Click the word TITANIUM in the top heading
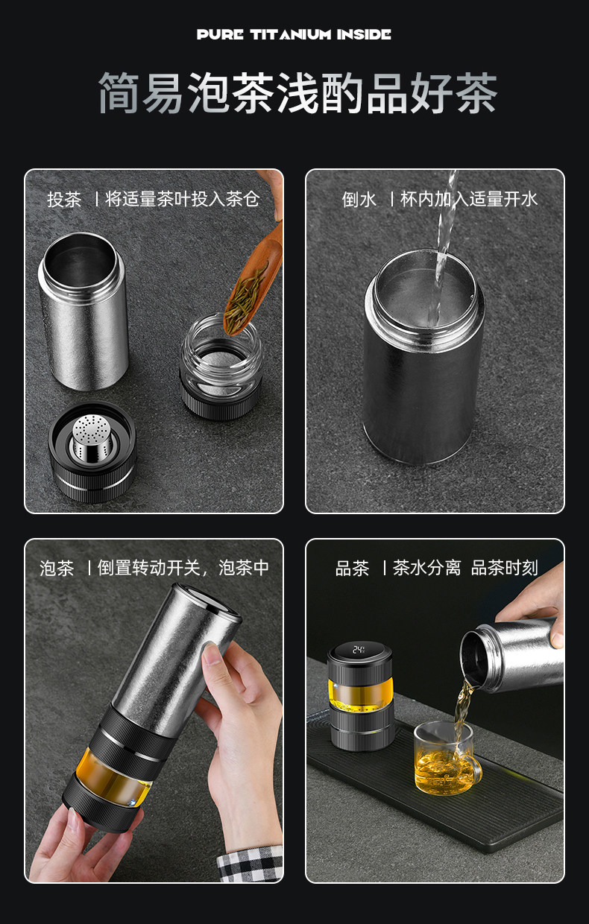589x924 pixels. point(291,34)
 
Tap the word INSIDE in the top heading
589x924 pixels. point(364,34)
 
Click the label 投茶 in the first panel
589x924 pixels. point(64,199)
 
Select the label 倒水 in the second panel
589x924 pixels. point(359,199)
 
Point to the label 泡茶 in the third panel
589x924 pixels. point(57,568)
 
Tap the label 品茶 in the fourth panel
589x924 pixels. point(352,568)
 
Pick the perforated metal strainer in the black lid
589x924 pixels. point(92,438)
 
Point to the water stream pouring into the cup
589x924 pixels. point(442,247)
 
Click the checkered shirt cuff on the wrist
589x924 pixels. point(251,864)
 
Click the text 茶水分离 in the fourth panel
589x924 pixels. point(426,568)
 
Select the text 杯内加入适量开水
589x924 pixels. point(469,199)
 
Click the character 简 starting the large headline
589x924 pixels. point(120,93)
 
